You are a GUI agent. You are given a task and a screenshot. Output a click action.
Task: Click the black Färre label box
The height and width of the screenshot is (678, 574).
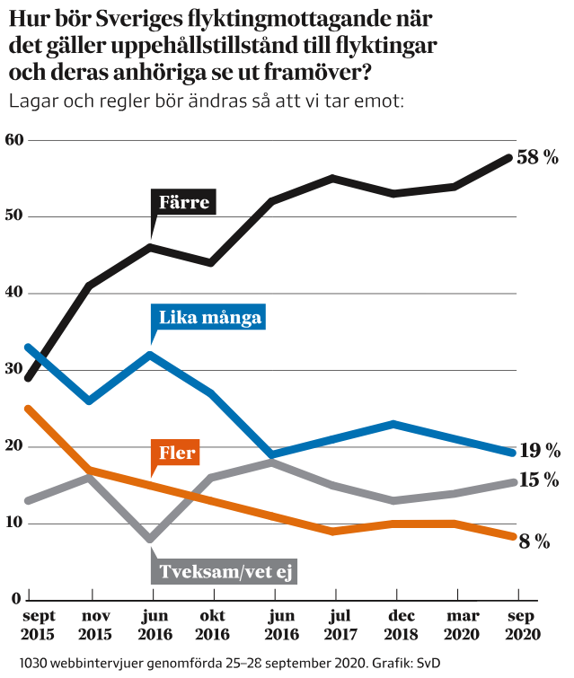tap(184, 202)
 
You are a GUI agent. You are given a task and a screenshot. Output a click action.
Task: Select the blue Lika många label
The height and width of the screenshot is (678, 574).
tap(210, 317)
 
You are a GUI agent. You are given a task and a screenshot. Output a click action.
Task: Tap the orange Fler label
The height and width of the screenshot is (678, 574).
tap(176, 453)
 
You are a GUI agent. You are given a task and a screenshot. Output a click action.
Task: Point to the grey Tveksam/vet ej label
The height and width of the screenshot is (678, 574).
tap(226, 571)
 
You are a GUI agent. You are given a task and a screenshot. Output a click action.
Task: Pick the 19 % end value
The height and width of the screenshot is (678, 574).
tap(540, 451)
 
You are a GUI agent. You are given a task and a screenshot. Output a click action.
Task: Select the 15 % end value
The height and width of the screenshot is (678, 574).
tap(539, 480)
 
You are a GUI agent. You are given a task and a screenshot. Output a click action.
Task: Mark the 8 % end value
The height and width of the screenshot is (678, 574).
tap(534, 541)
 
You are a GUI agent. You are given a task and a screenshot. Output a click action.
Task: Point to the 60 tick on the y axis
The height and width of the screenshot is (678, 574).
tap(13, 140)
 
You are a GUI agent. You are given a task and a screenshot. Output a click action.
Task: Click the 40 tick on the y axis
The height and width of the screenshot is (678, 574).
tap(13, 294)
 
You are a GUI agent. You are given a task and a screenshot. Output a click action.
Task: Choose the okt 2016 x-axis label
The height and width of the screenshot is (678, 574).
tap(213, 626)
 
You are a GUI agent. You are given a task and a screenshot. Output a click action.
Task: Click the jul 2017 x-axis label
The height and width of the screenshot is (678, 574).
tap(334, 626)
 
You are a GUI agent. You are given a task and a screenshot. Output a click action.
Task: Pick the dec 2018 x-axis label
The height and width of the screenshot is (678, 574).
tap(395, 626)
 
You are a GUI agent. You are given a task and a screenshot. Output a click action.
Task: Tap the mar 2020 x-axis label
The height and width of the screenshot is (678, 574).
tap(456, 626)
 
